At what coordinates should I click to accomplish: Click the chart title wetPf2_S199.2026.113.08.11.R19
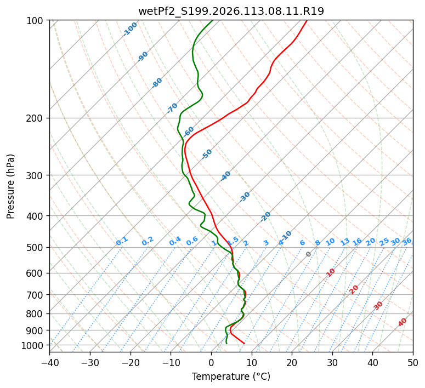[x=231, y=11]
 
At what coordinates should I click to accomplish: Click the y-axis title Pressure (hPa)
[x=11, y=186]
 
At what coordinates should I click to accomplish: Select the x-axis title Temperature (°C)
[x=231, y=376]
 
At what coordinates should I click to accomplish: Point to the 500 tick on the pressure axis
[x=36, y=247]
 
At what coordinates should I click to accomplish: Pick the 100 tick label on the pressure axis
[x=36, y=20]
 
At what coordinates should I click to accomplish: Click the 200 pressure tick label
[x=36, y=118]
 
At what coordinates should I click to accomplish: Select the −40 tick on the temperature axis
[x=49, y=362]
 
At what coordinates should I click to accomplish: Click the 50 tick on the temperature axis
[x=413, y=362]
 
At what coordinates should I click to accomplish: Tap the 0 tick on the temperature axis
[x=211, y=362]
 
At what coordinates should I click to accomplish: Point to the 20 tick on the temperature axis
[x=292, y=362]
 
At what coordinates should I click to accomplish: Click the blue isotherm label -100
[x=130, y=28]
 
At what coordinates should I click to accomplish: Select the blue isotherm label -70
[x=172, y=107]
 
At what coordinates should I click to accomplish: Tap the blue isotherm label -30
[x=245, y=196]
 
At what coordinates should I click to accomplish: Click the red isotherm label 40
[x=403, y=322]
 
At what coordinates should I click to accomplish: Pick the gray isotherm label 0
[x=309, y=254]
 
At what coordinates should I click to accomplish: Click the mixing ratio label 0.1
[x=122, y=241]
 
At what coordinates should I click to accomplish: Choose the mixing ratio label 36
[x=407, y=241]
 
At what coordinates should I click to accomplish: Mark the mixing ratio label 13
[x=345, y=242]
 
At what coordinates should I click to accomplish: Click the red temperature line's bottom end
[x=244, y=343]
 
